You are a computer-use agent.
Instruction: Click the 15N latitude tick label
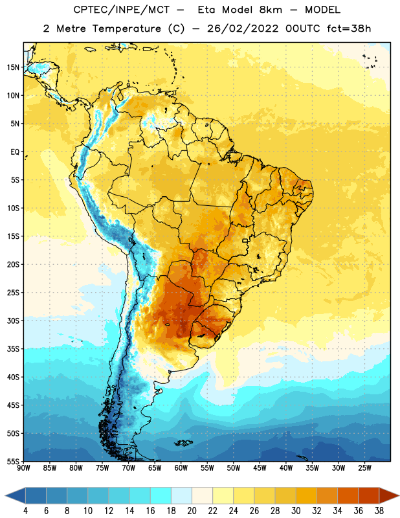tap(13, 67)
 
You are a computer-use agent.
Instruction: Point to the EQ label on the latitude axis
tap(15, 152)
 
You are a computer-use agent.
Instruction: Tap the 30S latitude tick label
tap(13, 321)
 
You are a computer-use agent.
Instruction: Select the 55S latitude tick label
tap(13, 461)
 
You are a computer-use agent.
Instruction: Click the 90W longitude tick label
tap(23, 467)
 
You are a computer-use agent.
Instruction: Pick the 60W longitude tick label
tap(181, 467)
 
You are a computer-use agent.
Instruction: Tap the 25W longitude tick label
tap(364, 467)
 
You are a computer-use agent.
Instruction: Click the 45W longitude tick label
tap(260, 467)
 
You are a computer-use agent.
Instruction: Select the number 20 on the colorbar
tap(192, 511)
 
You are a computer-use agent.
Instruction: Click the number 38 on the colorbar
tap(379, 511)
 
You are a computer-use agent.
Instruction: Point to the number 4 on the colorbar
tap(25, 511)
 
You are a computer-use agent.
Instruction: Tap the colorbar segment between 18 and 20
tap(181, 495)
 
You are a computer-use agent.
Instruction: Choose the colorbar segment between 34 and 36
tap(348, 495)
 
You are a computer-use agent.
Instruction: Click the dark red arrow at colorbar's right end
tap(388, 495)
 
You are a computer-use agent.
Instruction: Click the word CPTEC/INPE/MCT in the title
tap(122, 10)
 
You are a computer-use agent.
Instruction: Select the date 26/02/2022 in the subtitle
tap(243, 28)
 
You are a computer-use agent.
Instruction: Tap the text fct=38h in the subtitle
tap(349, 28)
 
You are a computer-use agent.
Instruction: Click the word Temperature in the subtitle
tap(126, 28)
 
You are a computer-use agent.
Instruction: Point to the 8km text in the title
tap(271, 10)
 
